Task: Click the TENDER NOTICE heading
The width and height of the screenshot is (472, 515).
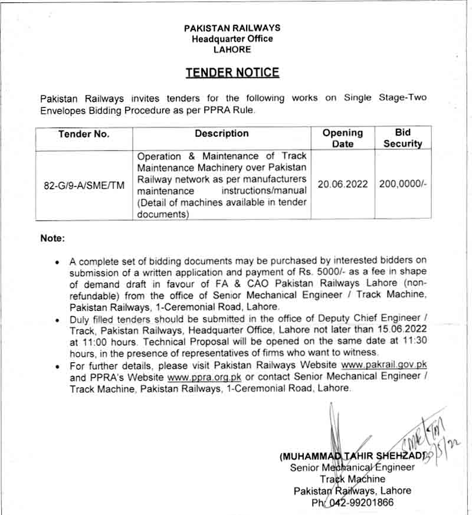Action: [232, 73]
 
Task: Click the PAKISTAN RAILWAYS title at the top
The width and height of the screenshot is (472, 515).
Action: [232, 28]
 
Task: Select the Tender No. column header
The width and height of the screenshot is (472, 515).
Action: [84, 135]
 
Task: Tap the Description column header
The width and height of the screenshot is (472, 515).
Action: [222, 134]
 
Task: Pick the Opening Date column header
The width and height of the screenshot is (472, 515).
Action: [343, 138]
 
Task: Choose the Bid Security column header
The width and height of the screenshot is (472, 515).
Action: [403, 138]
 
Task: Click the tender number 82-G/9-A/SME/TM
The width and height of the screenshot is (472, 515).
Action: [84, 185]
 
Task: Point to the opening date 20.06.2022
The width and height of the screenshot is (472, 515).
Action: [343, 184]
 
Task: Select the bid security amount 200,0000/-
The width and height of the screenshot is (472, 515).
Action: [403, 184]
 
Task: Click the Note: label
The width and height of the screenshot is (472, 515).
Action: [53, 238]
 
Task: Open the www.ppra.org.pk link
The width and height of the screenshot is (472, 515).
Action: [205, 377]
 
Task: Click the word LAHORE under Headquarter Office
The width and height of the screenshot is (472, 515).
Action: [232, 50]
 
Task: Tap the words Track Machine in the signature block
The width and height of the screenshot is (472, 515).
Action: [353, 479]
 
